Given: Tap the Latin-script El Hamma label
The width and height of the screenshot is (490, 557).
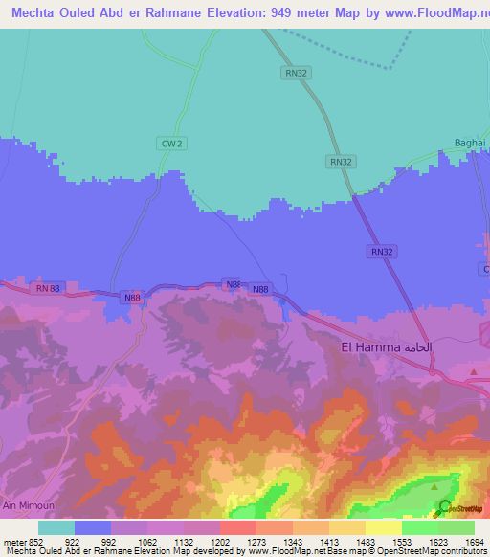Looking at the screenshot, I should [x=370, y=346].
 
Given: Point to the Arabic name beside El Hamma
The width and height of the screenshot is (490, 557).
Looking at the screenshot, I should [x=418, y=346].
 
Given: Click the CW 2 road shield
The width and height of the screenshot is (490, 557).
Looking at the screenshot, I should [x=170, y=143].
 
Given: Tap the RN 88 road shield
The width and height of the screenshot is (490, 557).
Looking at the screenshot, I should [x=48, y=287].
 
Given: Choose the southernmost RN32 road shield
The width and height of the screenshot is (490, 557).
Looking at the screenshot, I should [x=381, y=251].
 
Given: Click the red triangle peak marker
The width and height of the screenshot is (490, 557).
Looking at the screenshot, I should [x=473, y=370].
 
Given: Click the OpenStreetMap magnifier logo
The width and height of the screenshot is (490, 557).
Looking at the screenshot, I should [x=445, y=508].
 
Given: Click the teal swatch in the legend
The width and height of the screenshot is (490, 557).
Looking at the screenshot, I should [x=56, y=527].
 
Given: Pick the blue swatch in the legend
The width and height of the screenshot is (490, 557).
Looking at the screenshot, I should [x=93, y=527].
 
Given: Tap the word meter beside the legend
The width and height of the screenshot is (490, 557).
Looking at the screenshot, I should [x=12, y=542].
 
